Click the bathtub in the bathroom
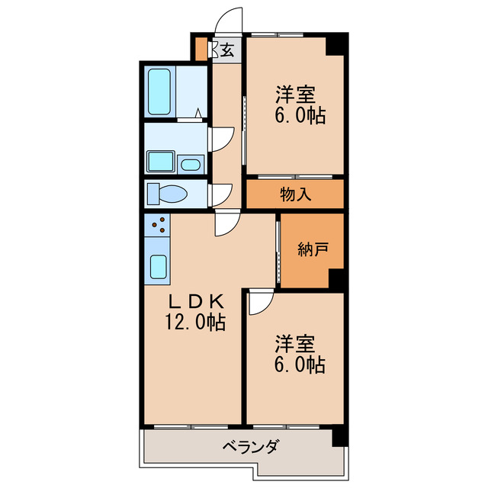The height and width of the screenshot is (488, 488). (160, 91)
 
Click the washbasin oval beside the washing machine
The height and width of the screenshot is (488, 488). (191, 163)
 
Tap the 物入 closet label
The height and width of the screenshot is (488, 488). (295, 194)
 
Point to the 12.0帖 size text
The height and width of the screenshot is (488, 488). (194, 323)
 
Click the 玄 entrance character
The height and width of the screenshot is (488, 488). (227, 51)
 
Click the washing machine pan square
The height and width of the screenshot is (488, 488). (160, 162)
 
